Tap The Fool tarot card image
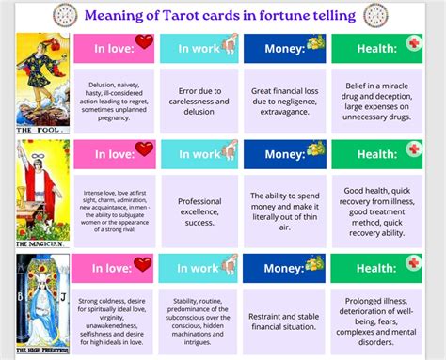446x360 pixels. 42,83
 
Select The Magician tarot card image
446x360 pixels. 42,191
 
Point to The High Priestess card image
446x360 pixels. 42,305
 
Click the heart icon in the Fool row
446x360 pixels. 144,41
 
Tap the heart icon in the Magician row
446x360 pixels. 144,149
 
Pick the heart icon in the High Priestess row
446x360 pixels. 142,264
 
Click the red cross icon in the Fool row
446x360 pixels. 414,43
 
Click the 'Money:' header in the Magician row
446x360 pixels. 283,153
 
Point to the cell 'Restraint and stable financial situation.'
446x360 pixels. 283,321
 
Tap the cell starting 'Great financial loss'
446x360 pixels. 283,99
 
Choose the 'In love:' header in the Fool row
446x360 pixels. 113,49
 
